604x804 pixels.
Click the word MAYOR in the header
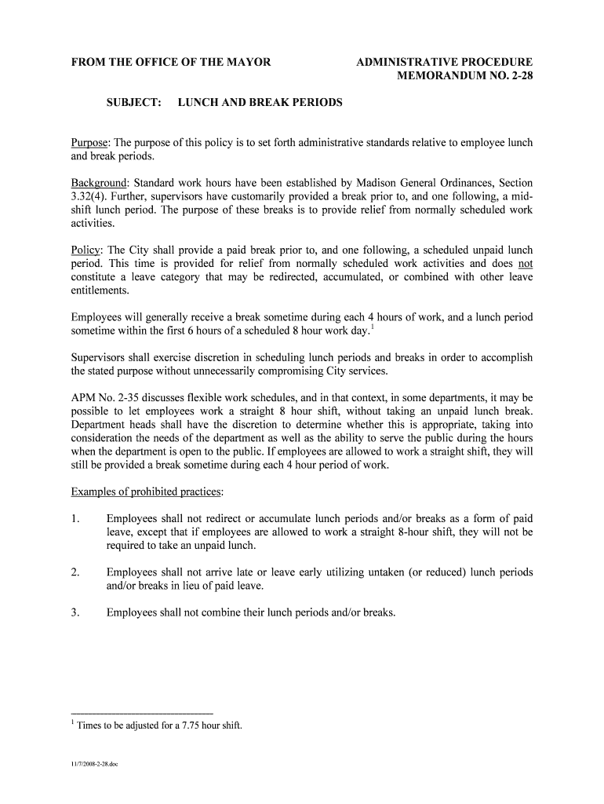pos(247,62)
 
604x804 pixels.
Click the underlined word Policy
pos(86,250)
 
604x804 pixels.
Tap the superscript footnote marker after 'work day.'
pos(372,327)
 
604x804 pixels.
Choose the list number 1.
pos(75,518)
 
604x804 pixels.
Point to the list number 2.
pos(75,572)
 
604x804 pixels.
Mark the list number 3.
pos(75,612)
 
